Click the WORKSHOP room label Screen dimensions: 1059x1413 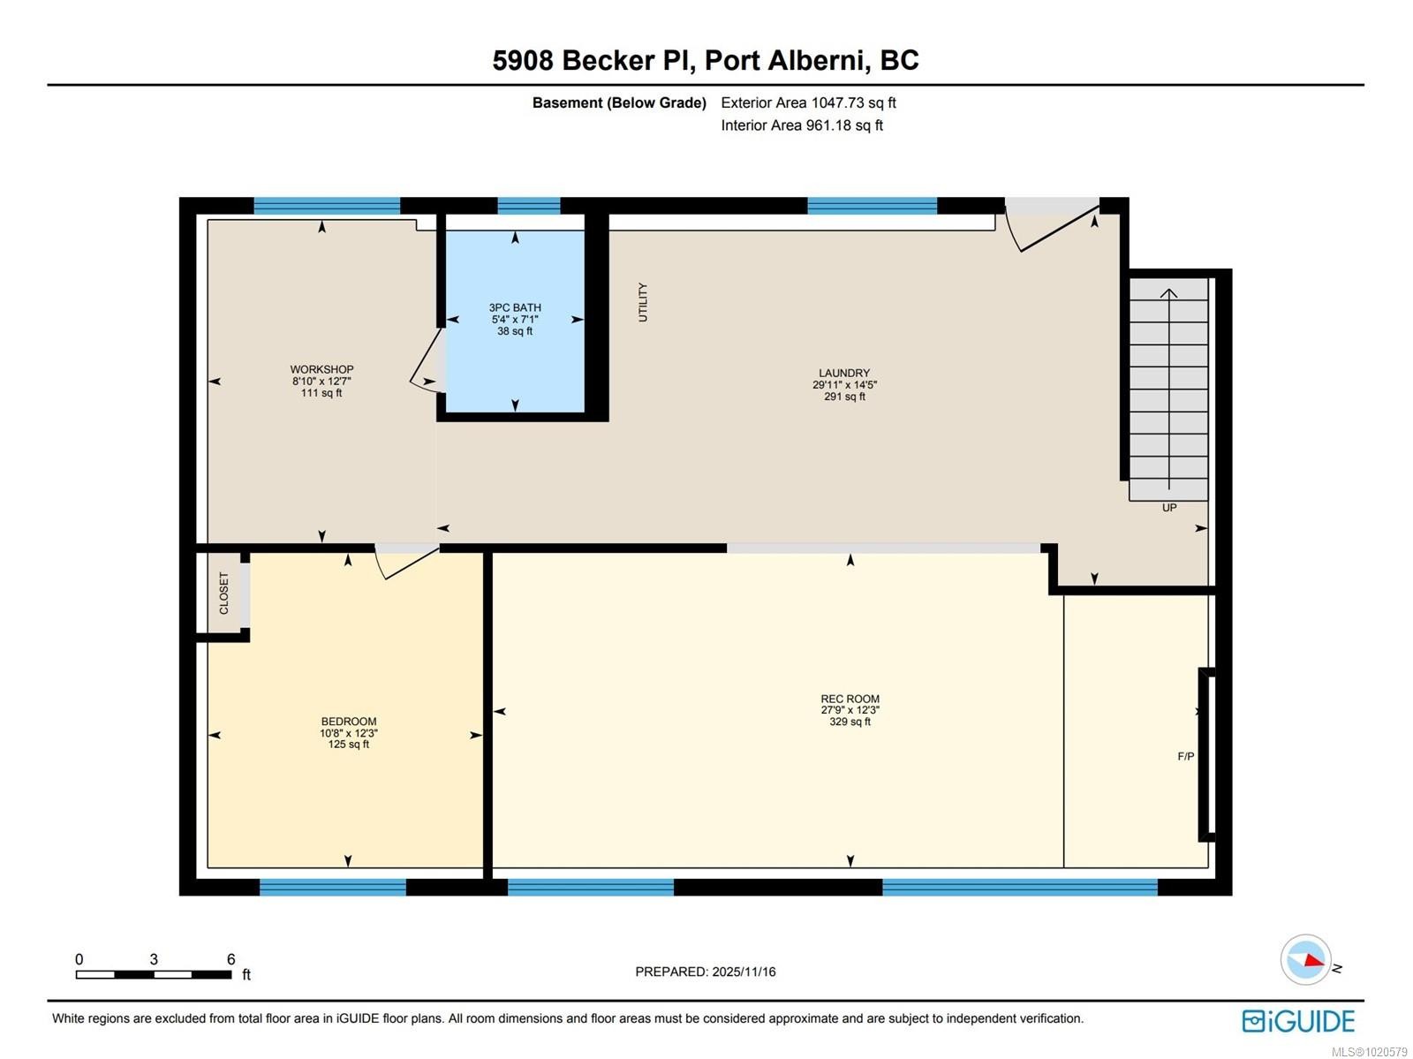click(x=321, y=370)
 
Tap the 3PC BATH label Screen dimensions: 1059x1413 click(x=515, y=308)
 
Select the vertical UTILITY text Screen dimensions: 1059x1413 click(x=643, y=302)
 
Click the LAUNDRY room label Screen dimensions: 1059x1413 click(x=844, y=374)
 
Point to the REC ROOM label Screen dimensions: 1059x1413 click(x=850, y=699)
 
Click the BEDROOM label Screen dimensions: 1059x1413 click(x=349, y=722)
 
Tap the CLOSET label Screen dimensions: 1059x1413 click(x=223, y=593)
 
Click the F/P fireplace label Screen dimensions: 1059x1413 click(x=1185, y=756)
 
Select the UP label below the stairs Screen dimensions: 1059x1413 click(x=1168, y=508)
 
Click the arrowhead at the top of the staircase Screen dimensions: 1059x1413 click(x=1169, y=293)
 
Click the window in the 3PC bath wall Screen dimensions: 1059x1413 click(x=529, y=206)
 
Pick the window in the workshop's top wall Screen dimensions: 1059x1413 click(x=327, y=206)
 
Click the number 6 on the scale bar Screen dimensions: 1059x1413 click(x=231, y=959)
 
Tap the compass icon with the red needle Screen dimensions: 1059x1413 click(x=1305, y=959)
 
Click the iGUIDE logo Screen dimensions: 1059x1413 click(x=1297, y=1021)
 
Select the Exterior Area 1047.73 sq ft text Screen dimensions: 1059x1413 click(x=808, y=102)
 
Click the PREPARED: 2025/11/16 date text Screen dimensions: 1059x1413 click(x=705, y=972)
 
